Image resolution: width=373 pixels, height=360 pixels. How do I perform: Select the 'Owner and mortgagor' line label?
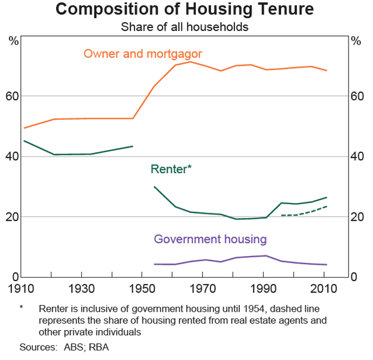coord(143,54)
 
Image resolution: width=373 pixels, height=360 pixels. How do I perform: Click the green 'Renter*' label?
coord(171,170)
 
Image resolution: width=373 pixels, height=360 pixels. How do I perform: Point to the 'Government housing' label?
coord(210,239)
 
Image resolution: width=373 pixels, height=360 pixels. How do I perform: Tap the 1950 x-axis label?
coord(141,289)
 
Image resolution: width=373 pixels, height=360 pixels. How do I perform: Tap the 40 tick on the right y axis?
coord(356,156)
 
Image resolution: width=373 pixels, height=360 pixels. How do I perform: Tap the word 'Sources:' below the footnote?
coord(39,347)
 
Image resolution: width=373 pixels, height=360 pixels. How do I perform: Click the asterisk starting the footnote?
coord(22,309)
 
